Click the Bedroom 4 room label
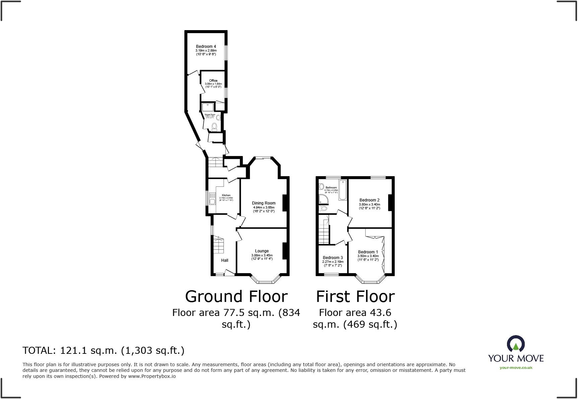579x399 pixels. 206,47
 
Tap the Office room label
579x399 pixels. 213,81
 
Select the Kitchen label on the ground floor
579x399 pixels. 226,195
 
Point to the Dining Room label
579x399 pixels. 264,203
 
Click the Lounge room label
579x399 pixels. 262,251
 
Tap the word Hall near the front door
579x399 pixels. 224,260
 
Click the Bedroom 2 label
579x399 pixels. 369,200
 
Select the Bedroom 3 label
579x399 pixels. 333,258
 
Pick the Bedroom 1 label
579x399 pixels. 368,252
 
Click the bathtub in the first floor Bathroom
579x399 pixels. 343,190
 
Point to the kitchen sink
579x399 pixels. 212,201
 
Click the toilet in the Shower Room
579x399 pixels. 215,127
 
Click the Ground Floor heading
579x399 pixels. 236,297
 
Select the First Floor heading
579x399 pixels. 355,297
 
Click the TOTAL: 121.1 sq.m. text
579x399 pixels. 103,350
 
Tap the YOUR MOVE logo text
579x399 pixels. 516,358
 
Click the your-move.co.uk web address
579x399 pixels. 516,368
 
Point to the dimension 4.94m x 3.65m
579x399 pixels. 264,208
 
